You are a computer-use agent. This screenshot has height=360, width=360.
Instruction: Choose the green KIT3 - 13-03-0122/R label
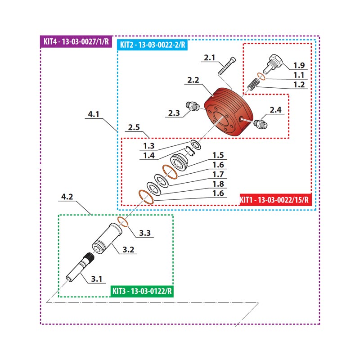pyautogui.click(x=142, y=291)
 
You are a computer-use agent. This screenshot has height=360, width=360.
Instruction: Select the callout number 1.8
pyautogui.click(x=218, y=184)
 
